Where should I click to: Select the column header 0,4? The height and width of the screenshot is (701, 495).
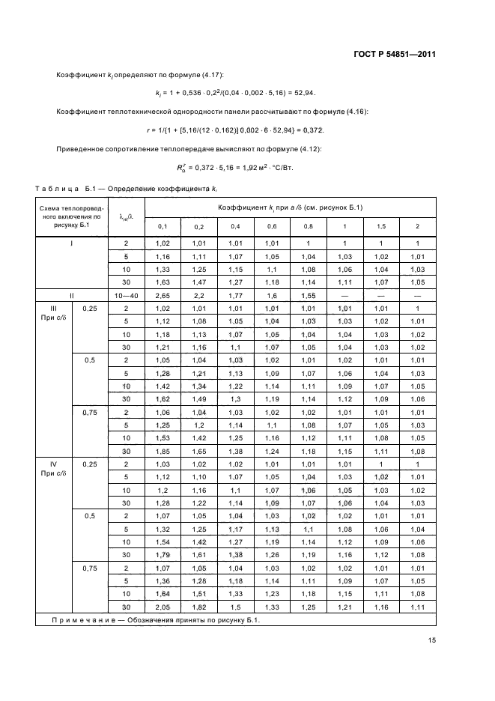click(x=235, y=226)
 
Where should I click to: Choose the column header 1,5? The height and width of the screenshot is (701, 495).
click(x=381, y=226)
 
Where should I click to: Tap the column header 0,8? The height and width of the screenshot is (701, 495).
click(x=309, y=226)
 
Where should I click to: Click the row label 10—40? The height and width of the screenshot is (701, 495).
click(x=126, y=296)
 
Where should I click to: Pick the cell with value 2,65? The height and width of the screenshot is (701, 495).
click(x=163, y=296)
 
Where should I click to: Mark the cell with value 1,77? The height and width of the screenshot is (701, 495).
click(x=235, y=296)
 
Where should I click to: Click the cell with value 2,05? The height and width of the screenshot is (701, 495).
click(x=163, y=606)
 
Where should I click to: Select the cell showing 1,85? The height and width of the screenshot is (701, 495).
click(x=163, y=451)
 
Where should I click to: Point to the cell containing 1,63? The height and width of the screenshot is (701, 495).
click(x=163, y=282)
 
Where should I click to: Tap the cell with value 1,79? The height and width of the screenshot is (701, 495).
click(x=163, y=554)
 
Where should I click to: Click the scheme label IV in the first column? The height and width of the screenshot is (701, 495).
click(x=53, y=464)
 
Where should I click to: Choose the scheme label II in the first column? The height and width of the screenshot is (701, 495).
click(x=72, y=296)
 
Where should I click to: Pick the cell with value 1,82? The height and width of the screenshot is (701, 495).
click(x=198, y=606)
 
